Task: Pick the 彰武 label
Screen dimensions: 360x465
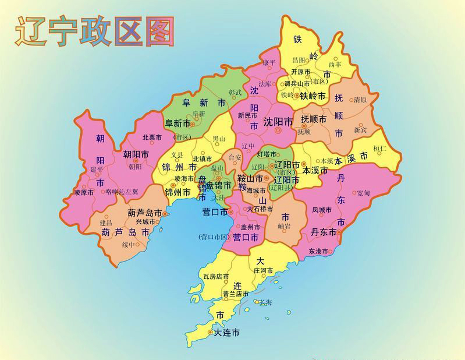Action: [235, 92]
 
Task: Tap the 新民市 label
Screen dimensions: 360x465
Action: [247, 116]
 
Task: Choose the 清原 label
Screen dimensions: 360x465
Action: [360, 100]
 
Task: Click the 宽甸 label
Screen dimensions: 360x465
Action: [363, 192]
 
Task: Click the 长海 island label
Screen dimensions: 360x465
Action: [265, 302]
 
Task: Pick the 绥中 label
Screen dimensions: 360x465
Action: [128, 245]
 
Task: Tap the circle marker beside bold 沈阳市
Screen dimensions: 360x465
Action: [278, 132]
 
